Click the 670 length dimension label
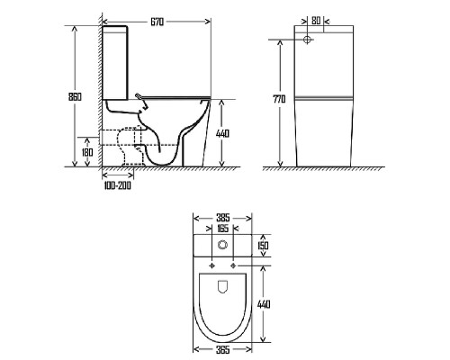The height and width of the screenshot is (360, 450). pyautogui.click(x=157, y=22)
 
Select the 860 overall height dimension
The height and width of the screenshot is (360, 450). pyautogui.click(x=75, y=97)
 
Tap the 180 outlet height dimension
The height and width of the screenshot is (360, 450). pyautogui.click(x=87, y=152)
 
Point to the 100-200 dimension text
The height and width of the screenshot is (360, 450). pyautogui.click(x=118, y=185)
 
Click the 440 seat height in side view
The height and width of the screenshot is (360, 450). pyautogui.click(x=222, y=133)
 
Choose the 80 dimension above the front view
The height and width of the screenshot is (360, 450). pyautogui.click(x=316, y=21)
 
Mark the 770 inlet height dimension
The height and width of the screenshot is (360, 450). pyautogui.click(x=279, y=99)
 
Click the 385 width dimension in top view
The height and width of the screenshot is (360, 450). pyautogui.click(x=222, y=218)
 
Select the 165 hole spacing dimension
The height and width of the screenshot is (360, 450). pyautogui.click(x=222, y=229)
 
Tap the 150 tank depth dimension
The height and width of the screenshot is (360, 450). pyautogui.click(x=263, y=246)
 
